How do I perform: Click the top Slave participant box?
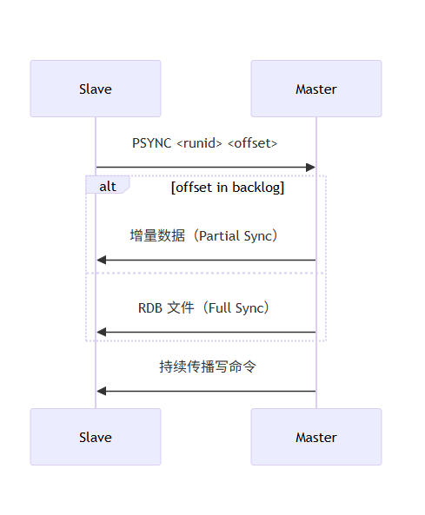pos(96,89)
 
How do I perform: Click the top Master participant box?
pos(316,89)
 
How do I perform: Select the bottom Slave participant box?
pos(96,437)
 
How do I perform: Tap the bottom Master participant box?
pos(316,437)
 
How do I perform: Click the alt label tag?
pos(107,186)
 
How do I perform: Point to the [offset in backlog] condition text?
pos(228,187)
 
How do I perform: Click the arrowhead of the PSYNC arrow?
pos(310,167)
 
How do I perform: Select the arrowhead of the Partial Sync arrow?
pos(102,260)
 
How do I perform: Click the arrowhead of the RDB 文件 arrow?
pos(102,332)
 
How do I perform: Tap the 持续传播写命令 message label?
pos(207,366)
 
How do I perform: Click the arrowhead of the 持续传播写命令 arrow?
pos(102,391)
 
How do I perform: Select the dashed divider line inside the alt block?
pos(206,273)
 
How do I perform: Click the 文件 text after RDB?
pos(180,308)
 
